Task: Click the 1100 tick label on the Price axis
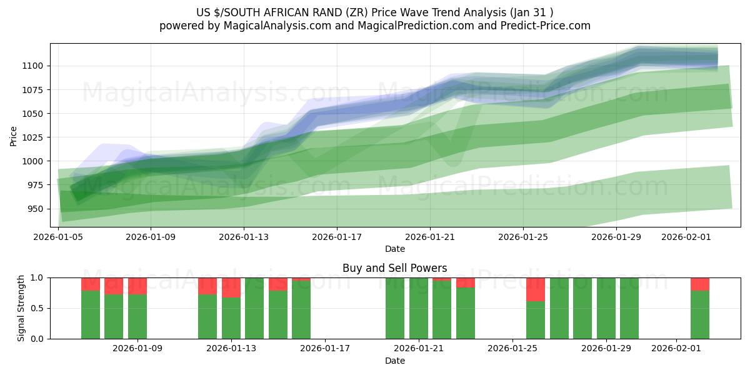click(32, 66)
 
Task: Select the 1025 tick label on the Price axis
click(32, 137)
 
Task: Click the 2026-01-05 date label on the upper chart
click(58, 237)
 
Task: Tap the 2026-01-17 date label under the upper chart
click(337, 237)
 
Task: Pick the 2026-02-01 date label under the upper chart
click(686, 237)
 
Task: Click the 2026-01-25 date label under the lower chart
click(512, 349)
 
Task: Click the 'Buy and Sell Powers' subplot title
click(394, 268)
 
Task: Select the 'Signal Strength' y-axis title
click(21, 308)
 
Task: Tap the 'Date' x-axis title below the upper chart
click(394, 249)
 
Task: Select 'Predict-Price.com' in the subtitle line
click(547, 26)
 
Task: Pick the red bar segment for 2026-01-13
click(231, 287)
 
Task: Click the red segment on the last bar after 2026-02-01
click(700, 284)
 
